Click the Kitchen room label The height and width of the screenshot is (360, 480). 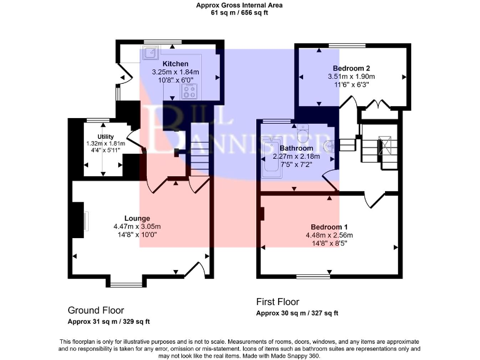[176, 64]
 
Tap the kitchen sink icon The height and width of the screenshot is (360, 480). [149, 53]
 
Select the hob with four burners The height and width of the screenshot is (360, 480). [189, 92]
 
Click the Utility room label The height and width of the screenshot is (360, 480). [105, 136]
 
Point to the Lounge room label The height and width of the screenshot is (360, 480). [137, 218]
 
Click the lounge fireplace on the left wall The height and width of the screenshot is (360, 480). [79, 220]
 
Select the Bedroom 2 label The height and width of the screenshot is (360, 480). [351, 68]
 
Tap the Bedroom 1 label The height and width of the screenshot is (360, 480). [329, 227]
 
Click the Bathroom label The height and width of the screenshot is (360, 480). [296, 148]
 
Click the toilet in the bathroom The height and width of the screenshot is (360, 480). [304, 133]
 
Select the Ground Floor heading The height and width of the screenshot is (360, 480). [96, 310]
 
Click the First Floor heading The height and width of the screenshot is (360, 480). [278, 301]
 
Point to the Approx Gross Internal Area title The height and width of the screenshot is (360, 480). [239, 5]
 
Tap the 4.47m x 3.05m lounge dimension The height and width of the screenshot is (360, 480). [137, 226]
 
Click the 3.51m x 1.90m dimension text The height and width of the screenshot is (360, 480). [351, 76]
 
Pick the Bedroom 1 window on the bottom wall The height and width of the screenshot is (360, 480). [313, 276]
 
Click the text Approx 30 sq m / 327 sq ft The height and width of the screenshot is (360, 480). [297, 313]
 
